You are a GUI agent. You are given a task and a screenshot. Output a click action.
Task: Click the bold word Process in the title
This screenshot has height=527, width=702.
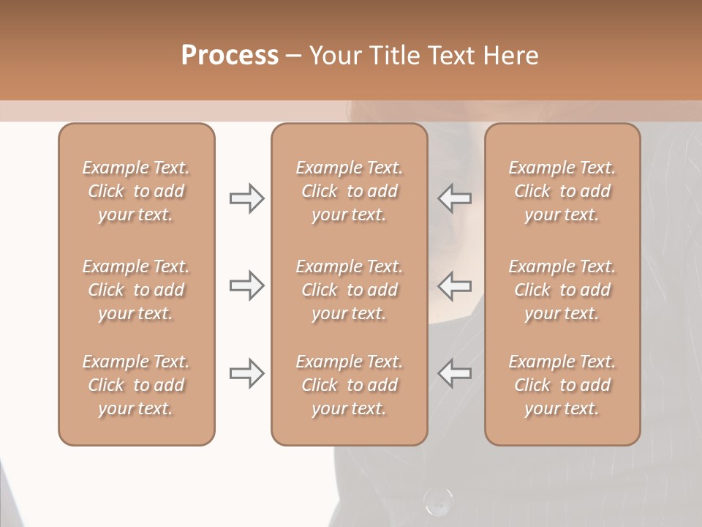click(x=230, y=56)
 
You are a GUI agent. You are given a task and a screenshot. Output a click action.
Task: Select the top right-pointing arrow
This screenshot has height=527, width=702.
click(x=247, y=198)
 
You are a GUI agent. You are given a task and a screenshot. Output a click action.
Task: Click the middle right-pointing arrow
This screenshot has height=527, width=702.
click(x=247, y=285)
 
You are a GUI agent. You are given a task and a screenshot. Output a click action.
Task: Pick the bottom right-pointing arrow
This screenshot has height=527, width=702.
click(x=247, y=373)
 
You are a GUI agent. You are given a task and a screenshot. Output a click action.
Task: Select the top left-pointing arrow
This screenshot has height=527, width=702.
click(x=455, y=198)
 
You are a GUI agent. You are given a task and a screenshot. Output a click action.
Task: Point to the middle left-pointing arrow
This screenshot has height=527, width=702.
click(x=455, y=285)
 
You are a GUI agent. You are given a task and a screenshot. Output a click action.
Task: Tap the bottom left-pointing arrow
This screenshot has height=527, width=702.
click(x=455, y=373)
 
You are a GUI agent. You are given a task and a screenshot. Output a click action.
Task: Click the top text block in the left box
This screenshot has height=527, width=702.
click(x=136, y=191)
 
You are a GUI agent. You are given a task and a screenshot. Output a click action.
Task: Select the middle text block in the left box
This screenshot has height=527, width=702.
click(x=136, y=290)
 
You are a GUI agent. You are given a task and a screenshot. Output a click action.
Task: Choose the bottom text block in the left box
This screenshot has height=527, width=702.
click(x=136, y=385)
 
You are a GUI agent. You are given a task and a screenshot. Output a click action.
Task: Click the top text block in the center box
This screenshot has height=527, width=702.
click(x=349, y=191)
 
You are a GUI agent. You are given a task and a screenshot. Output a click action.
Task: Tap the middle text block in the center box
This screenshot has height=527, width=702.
click(x=349, y=290)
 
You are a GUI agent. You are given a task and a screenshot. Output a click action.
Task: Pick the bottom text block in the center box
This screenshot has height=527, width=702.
click(x=349, y=385)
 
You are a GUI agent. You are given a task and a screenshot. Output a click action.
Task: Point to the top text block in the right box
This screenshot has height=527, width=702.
click(x=562, y=191)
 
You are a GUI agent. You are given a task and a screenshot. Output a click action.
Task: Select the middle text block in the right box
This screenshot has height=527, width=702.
click(x=562, y=290)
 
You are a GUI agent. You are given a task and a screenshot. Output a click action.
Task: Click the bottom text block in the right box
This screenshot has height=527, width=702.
click(x=562, y=385)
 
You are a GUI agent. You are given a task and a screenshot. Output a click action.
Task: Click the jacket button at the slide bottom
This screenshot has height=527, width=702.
click(x=437, y=501)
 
